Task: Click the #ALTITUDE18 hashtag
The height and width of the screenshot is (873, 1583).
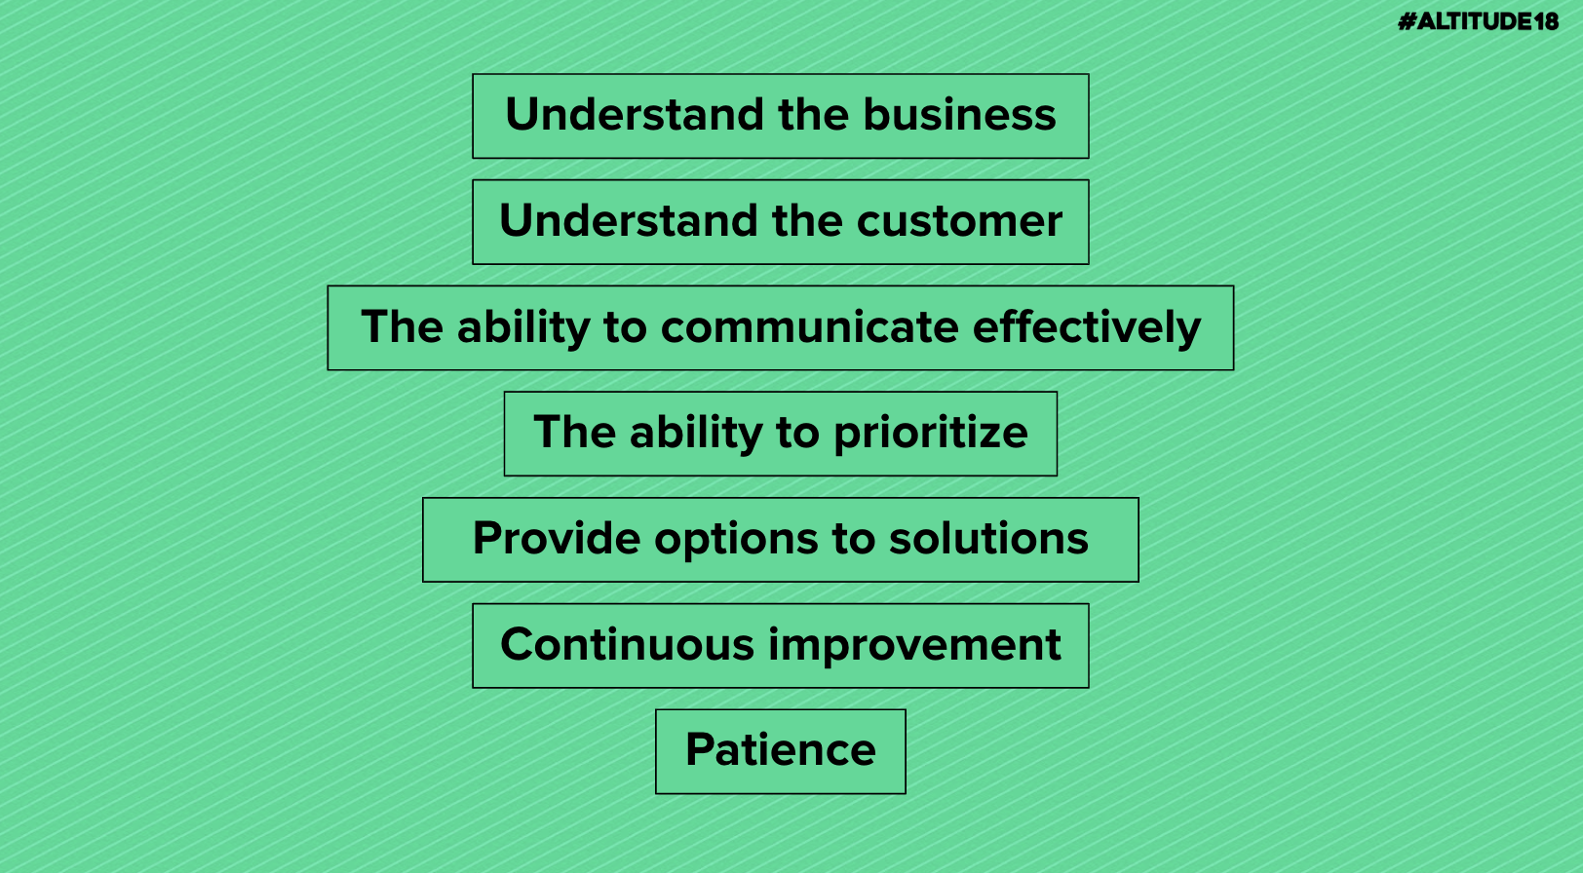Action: coord(1478,21)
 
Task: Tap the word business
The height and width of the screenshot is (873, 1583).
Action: coord(959,114)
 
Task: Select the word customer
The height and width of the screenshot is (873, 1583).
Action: coord(959,221)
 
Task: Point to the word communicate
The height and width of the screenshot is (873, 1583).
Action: coord(809,327)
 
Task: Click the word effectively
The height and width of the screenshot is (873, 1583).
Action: coord(1086,327)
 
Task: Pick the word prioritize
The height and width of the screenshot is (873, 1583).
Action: coord(931,433)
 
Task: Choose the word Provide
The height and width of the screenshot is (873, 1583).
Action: coord(557,538)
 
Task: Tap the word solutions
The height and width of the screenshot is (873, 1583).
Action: coord(988,538)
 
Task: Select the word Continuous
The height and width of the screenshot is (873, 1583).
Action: coord(628,644)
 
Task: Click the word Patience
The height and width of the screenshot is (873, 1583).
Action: coord(780,749)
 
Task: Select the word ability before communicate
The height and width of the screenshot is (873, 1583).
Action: coord(522,327)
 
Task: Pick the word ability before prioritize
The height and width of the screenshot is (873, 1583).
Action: coord(695,433)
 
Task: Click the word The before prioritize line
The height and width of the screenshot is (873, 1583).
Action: coord(574,432)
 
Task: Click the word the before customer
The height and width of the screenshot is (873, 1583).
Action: coord(807,220)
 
